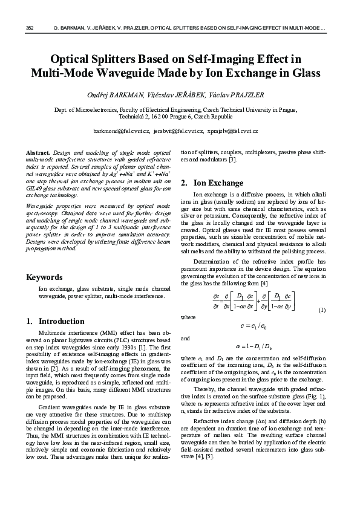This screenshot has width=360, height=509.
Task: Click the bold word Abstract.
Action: coord(39,152)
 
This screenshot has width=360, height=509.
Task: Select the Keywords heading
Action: coord(45,277)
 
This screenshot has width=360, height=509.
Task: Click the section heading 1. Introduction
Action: coord(56,321)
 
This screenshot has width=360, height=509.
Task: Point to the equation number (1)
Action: coord(322,310)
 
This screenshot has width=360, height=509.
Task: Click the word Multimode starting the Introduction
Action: coord(53,333)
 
